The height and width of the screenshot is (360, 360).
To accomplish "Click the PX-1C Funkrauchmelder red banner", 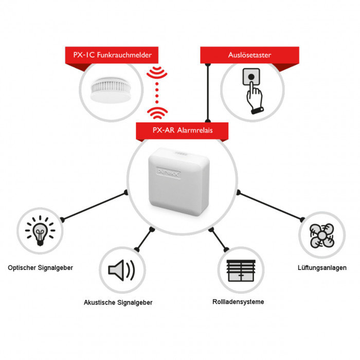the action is coord(112,55).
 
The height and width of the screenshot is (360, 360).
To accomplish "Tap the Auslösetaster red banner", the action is coord(249,55).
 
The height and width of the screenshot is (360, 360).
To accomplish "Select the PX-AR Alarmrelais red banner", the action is coord(182,131).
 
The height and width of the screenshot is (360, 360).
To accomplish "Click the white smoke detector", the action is coord(111,89).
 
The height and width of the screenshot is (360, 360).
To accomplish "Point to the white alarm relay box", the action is coord(179,182).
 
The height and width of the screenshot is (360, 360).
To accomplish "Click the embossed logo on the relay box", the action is coord(169,172).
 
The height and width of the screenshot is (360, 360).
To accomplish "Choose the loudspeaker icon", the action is coord(121,270).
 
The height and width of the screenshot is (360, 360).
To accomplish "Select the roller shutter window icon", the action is coord(241,271).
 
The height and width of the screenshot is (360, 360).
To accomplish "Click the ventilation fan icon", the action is coord(322,236).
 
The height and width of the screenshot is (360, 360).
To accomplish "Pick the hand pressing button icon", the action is coord(253,91).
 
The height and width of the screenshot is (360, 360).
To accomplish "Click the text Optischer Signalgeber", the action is coord(41,268).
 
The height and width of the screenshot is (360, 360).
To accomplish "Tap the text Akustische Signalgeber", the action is coord(118,302).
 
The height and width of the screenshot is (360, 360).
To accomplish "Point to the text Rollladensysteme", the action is coord(238,302).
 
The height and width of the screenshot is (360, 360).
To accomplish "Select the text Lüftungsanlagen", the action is coord(322,268).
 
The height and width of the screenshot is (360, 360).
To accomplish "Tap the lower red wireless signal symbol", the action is coord(157,113).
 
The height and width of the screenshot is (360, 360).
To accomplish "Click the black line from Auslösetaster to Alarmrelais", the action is coord(208,93).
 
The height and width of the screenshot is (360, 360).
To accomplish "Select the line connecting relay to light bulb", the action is coord(94,206).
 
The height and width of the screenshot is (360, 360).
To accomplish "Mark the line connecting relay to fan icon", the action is coord(271,206).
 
